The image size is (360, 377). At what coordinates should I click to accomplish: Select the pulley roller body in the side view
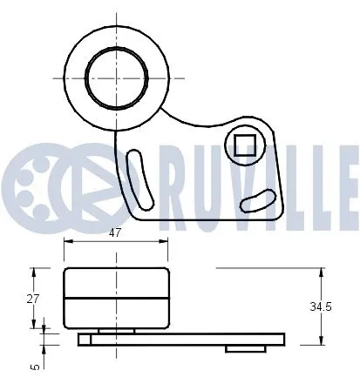click(116, 298)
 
